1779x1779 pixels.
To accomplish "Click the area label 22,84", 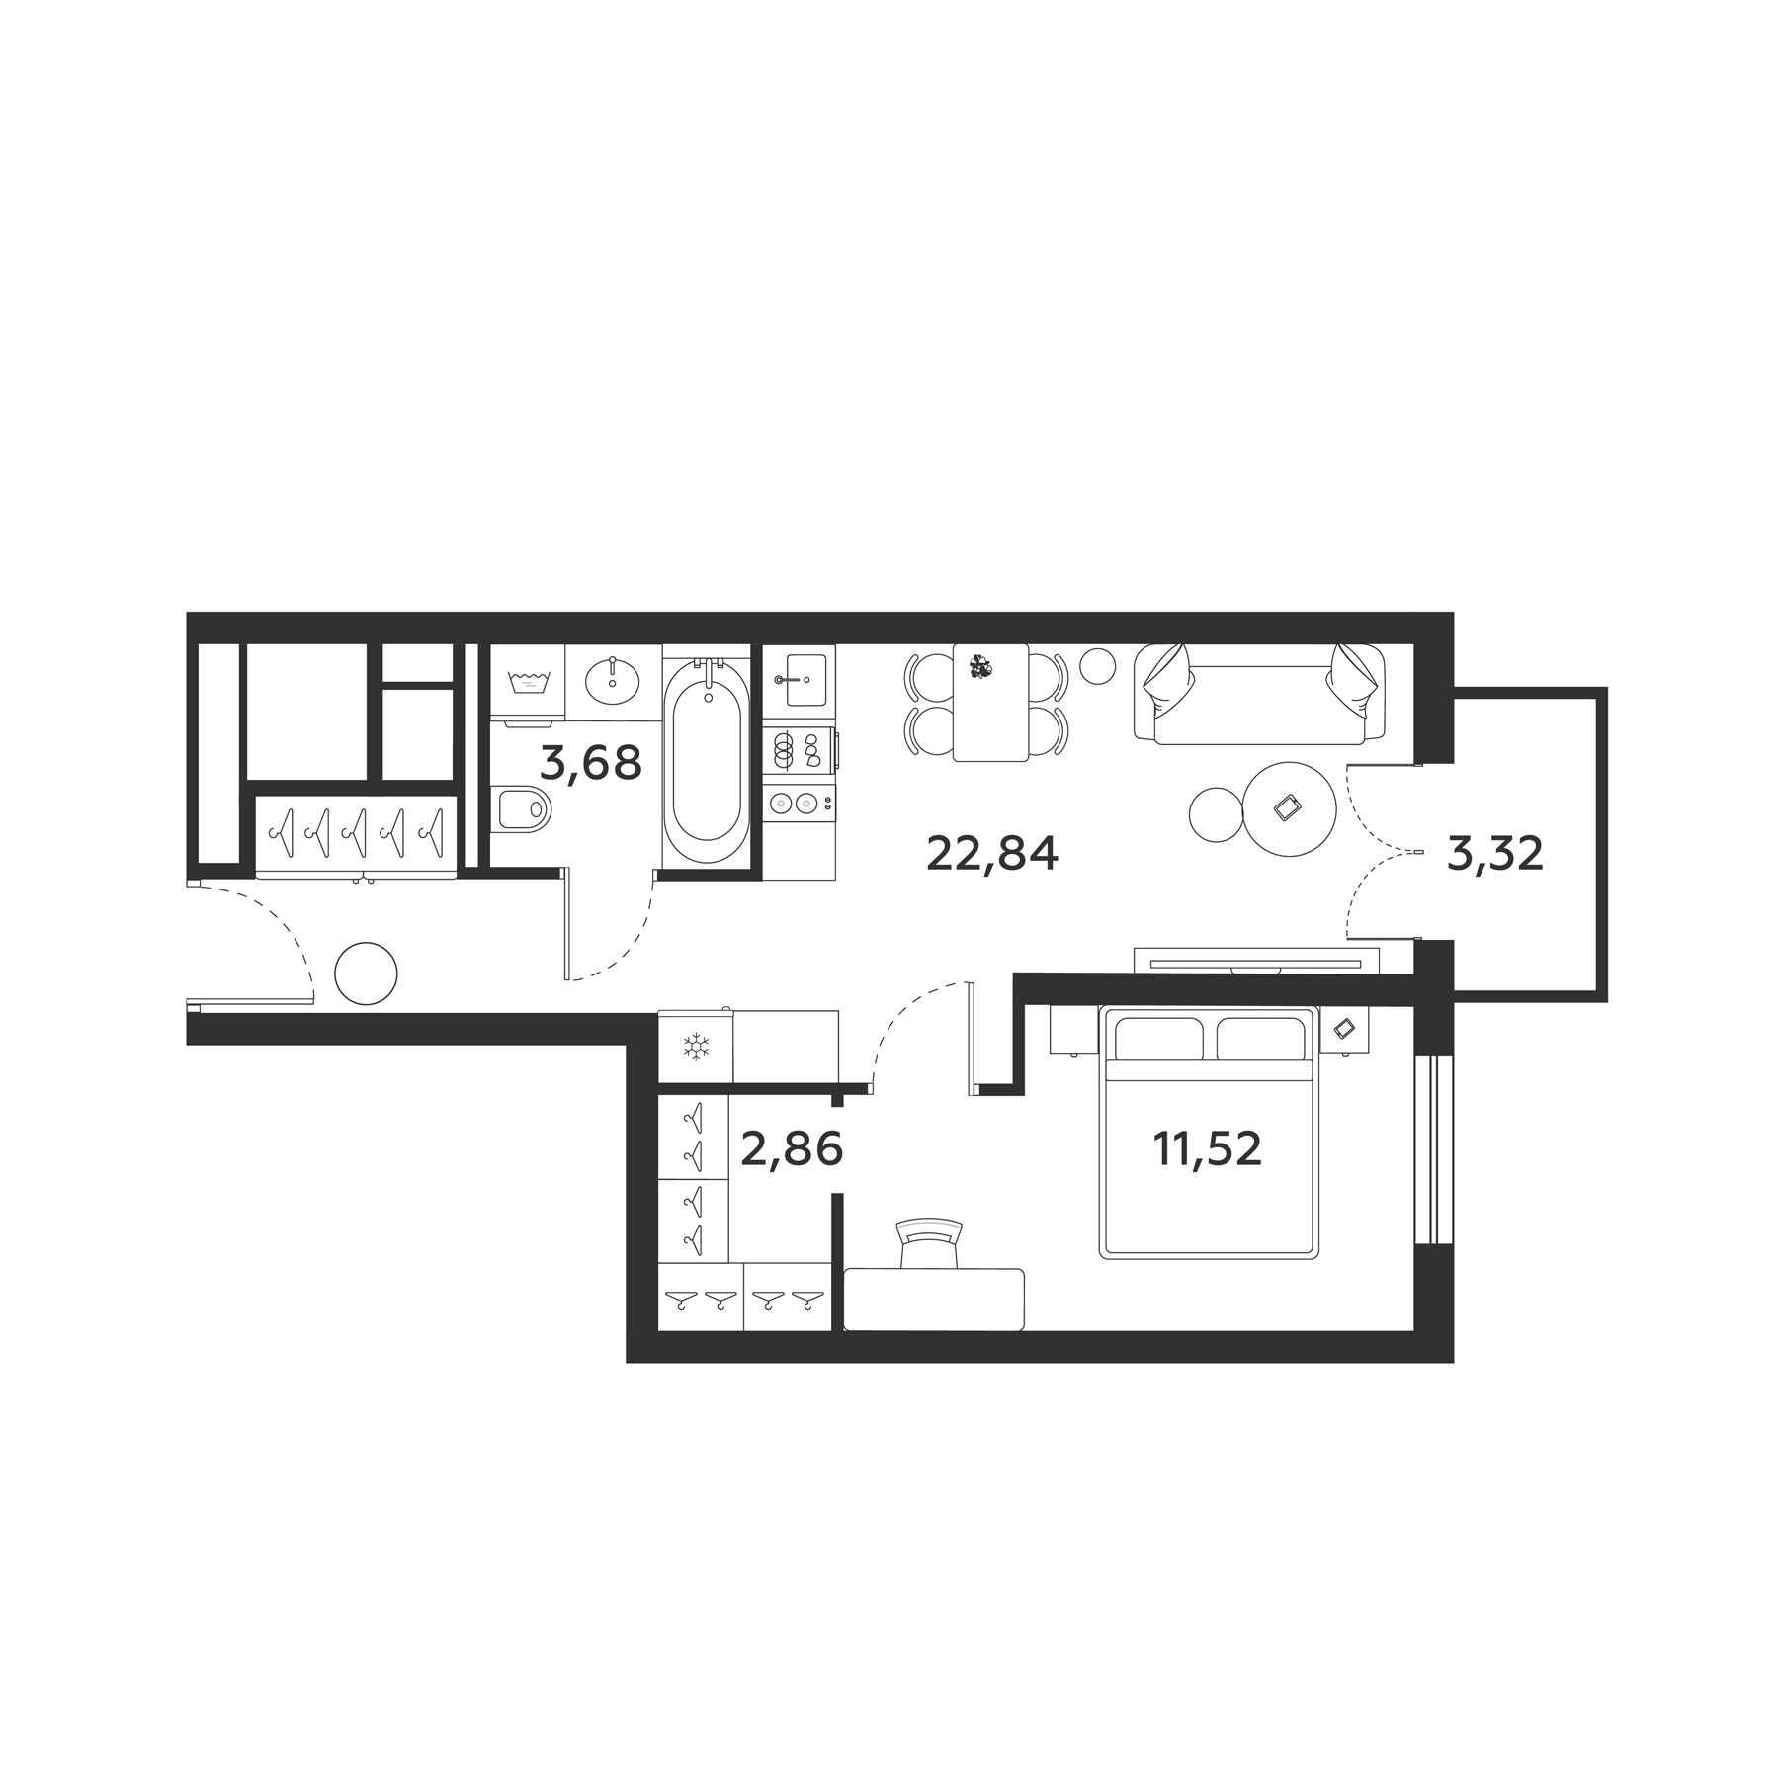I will pos(991,854).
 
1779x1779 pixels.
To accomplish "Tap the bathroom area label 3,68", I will pos(591,763).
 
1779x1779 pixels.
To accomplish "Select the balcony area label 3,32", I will pos(1494,854).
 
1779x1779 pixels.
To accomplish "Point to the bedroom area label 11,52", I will pos(1207,1149).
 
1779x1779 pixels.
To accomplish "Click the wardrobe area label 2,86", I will pos(791,1149).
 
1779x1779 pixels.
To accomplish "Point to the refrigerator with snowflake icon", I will pos(697,1046).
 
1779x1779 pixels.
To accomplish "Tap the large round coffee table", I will pos(1289,809).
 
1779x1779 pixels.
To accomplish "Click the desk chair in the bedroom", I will pos(928,1243).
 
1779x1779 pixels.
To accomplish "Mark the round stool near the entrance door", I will pos(366,974).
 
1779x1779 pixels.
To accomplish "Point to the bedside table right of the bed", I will pos(1345,1029).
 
